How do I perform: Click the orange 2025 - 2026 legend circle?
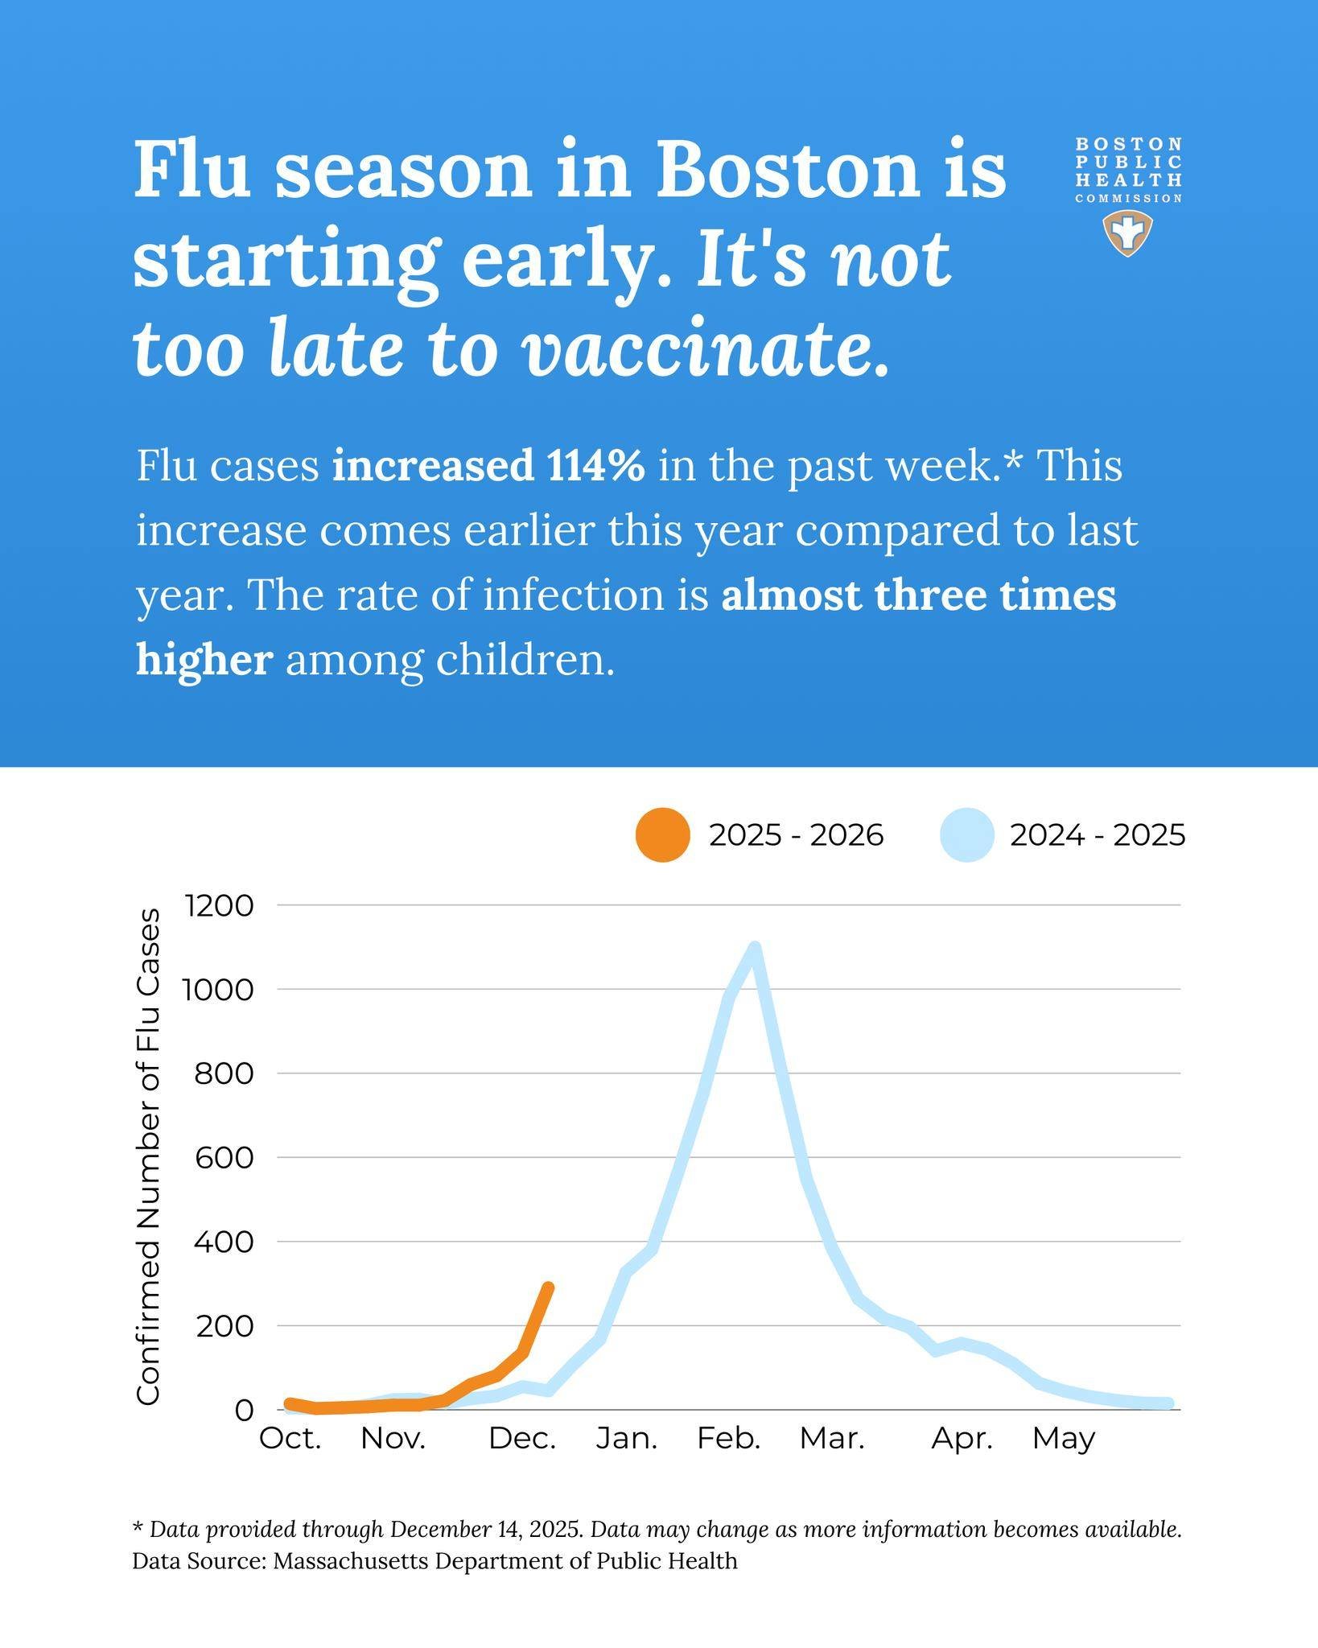pyautogui.click(x=662, y=835)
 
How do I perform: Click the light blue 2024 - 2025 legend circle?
pyautogui.click(x=966, y=835)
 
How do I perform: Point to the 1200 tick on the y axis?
pyautogui.click(x=220, y=906)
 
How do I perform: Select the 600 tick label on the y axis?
pyautogui.click(x=224, y=1157)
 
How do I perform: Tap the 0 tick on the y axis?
pyautogui.click(x=244, y=1410)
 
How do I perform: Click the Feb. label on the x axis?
pyautogui.click(x=729, y=1438)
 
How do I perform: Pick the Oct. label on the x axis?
pyautogui.click(x=290, y=1438)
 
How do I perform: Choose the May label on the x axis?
pyautogui.click(x=1064, y=1439)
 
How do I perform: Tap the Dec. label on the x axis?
pyautogui.click(x=523, y=1438)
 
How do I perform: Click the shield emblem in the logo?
pyautogui.click(x=1127, y=233)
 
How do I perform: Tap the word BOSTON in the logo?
pyautogui.click(x=1129, y=144)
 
